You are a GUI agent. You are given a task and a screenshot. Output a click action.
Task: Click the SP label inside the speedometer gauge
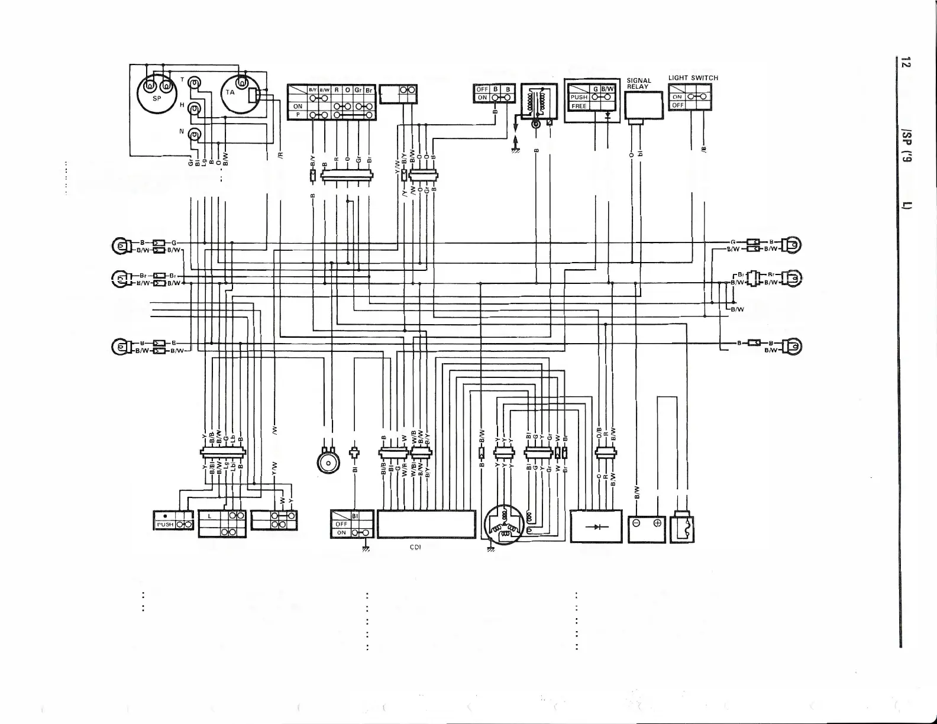coord(157,99)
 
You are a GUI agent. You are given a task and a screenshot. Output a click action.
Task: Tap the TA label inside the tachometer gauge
coord(230,92)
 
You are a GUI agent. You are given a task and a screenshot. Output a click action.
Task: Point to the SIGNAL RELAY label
coord(639,83)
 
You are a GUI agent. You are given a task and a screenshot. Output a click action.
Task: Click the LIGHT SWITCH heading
coord(693,77)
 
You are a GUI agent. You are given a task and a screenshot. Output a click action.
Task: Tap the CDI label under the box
coord(415,547)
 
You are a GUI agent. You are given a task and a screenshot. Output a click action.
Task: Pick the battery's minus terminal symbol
coord(636,524)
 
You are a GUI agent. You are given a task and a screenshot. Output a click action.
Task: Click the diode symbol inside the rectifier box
coord(595,526)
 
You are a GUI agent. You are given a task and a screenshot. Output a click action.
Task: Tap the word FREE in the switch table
coord(579,106)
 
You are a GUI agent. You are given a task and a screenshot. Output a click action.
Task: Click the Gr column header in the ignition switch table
coord(358,90)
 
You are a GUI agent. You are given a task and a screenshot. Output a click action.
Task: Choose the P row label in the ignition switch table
coord(298,114)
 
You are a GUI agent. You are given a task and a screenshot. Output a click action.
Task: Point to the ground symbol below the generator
coord(490,550)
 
